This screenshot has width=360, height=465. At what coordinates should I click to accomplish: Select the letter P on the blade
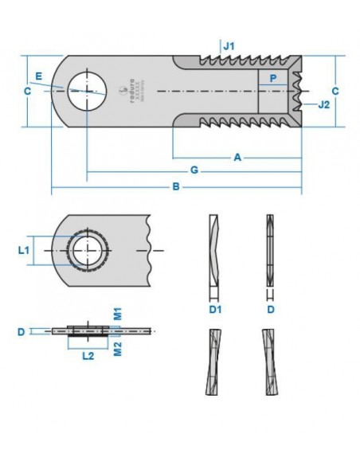[273, 79]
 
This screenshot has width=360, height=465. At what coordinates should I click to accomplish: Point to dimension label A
[237, 158]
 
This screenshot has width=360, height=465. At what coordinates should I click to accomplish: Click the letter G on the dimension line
[194, 171]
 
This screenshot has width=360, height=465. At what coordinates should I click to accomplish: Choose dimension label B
[176, 188]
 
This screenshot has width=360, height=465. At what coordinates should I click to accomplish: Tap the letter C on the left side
[27, 92]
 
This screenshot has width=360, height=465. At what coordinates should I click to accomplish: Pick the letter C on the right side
[335, 92]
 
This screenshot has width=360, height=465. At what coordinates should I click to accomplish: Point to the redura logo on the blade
[131, 92]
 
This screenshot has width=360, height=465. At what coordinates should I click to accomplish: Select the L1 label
[24, 250]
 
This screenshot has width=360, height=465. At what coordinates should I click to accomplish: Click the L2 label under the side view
[90, 356]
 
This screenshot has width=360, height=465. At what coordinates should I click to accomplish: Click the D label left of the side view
[21, 330]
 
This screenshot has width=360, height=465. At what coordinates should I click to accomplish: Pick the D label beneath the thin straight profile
[272, 306]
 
